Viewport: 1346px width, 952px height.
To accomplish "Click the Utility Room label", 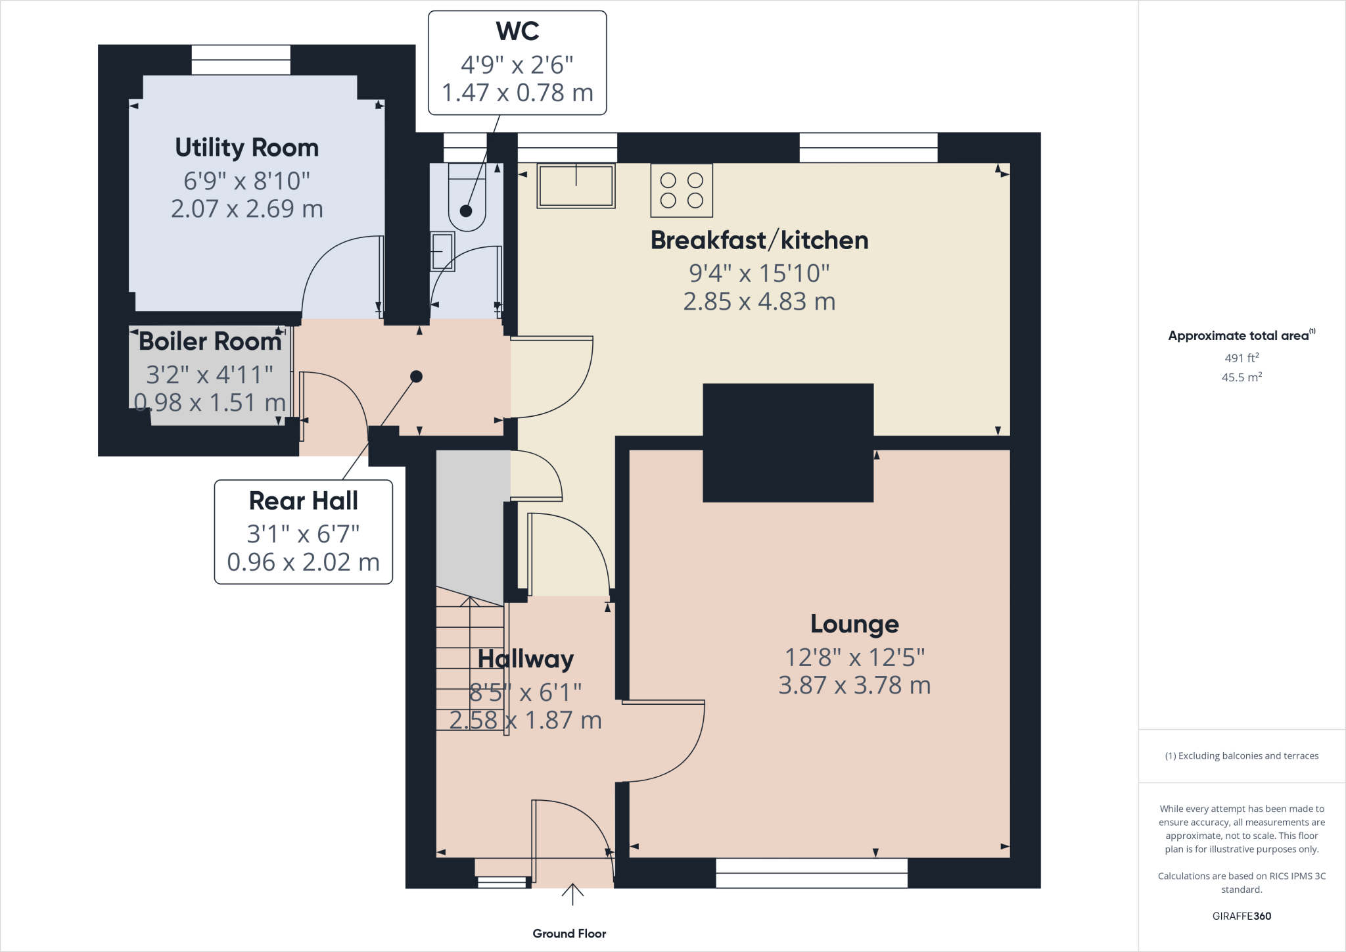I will coord(246,148).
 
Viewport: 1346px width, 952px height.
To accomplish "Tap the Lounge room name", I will coord(854,624).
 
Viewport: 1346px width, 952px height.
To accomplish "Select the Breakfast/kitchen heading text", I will coord(759,241).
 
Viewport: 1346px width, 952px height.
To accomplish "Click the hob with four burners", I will coord(682,191).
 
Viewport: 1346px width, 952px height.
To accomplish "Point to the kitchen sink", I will coord(576,186).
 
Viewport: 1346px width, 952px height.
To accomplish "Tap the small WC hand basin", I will coord(442,251).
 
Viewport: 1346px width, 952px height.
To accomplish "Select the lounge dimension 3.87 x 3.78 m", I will coord(854,686).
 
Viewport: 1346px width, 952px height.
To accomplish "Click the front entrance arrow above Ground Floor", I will coord(572,894).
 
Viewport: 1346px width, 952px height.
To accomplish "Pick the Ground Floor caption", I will coord(569,934).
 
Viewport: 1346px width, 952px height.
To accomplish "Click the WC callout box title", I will coord(517,31).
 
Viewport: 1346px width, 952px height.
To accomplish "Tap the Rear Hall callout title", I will coord(304,501).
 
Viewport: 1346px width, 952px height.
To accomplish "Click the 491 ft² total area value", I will coord(1242,358).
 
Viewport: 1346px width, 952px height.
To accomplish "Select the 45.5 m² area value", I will coord(1242,377).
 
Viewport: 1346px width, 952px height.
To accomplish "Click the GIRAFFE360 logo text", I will coord(1242,916).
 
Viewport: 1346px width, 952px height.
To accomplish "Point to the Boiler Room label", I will coord(210,342).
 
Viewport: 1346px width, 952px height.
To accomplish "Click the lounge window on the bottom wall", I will coord(812,873).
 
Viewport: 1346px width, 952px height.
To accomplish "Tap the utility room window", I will coord(241,60).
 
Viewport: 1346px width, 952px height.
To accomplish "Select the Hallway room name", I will coord(526,659).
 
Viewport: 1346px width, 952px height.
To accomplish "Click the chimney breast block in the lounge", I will coord(788,442).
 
